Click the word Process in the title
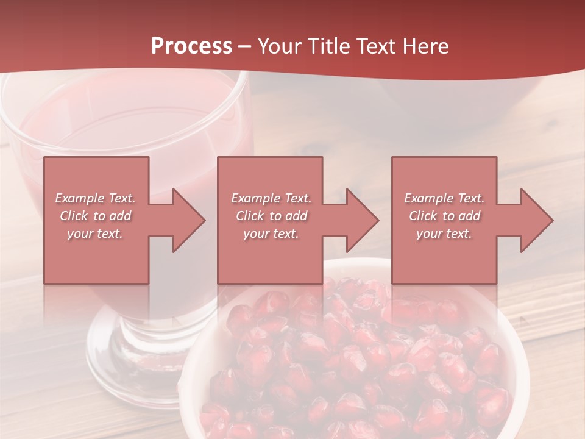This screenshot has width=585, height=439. coord(191,46)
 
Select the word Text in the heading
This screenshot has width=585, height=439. coord(377,46)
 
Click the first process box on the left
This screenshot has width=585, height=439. coord(96,256)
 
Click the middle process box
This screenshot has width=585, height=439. coord(270,256)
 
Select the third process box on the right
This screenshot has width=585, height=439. coord(444,256)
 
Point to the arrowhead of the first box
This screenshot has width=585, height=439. coord(188,220)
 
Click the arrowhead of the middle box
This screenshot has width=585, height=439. coord(362,220)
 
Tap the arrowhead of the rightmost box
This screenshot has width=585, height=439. coord(536,220)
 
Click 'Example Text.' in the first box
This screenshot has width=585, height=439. coord(95,198)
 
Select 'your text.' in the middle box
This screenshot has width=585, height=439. coord(271,234)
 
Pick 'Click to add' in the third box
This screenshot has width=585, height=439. coord(444,216)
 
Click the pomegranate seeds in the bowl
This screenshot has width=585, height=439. coord(366,366)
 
